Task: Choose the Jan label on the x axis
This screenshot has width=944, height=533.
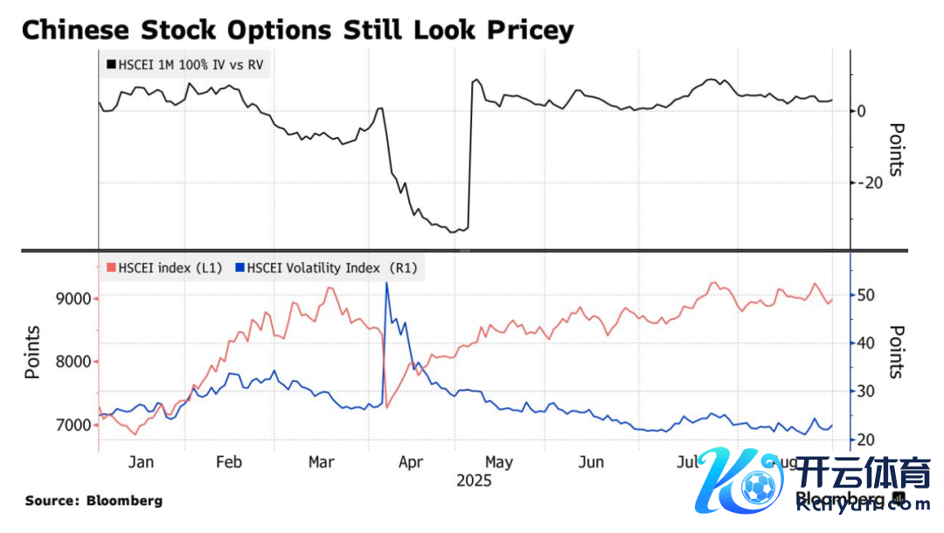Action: click(141, 462)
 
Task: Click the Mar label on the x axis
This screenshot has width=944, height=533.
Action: click(322, 462)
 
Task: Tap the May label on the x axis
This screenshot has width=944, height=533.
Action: click(498, 462)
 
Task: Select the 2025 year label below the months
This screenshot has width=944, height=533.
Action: click(473, 481)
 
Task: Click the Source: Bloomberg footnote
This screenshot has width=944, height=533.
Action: click(94, 502)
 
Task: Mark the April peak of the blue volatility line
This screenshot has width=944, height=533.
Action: click(386, 283)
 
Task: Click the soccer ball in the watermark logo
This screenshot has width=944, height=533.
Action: click(754, 486)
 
